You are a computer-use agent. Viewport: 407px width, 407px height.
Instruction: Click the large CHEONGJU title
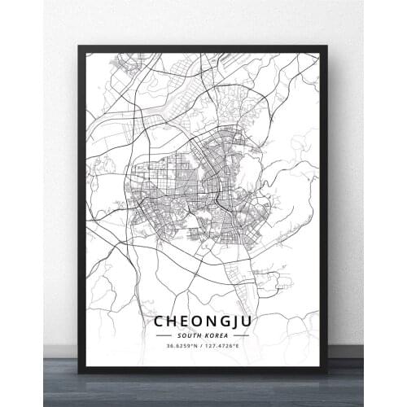point(203,322)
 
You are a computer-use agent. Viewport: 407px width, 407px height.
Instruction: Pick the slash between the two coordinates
point(202,347)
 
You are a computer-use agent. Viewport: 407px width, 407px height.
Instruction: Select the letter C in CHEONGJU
point(158,322)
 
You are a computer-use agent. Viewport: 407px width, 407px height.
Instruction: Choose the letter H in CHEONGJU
point(171,322)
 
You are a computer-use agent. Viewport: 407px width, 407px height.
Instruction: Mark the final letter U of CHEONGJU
point(248,322)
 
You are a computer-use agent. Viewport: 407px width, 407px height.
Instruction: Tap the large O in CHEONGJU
point(195,322)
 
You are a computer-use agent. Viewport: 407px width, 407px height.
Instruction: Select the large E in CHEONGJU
point(183,322)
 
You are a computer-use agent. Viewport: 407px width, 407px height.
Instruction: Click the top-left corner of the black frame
point(79,46)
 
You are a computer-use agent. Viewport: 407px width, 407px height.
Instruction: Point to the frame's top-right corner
point(327,46)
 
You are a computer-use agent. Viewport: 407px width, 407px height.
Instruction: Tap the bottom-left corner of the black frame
point(79,373)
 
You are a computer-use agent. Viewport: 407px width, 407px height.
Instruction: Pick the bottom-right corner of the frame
point(327,373)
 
